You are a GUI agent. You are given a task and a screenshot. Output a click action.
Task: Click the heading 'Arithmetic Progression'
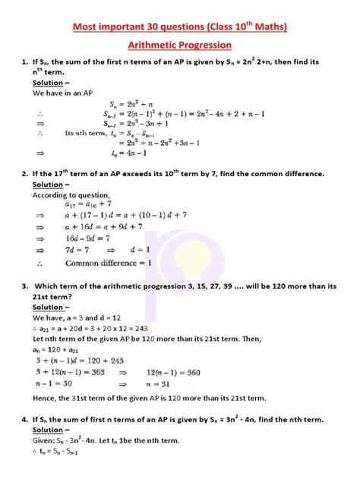(x=180, y=46)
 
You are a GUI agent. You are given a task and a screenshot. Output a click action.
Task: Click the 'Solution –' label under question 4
(x=51, y=430)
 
